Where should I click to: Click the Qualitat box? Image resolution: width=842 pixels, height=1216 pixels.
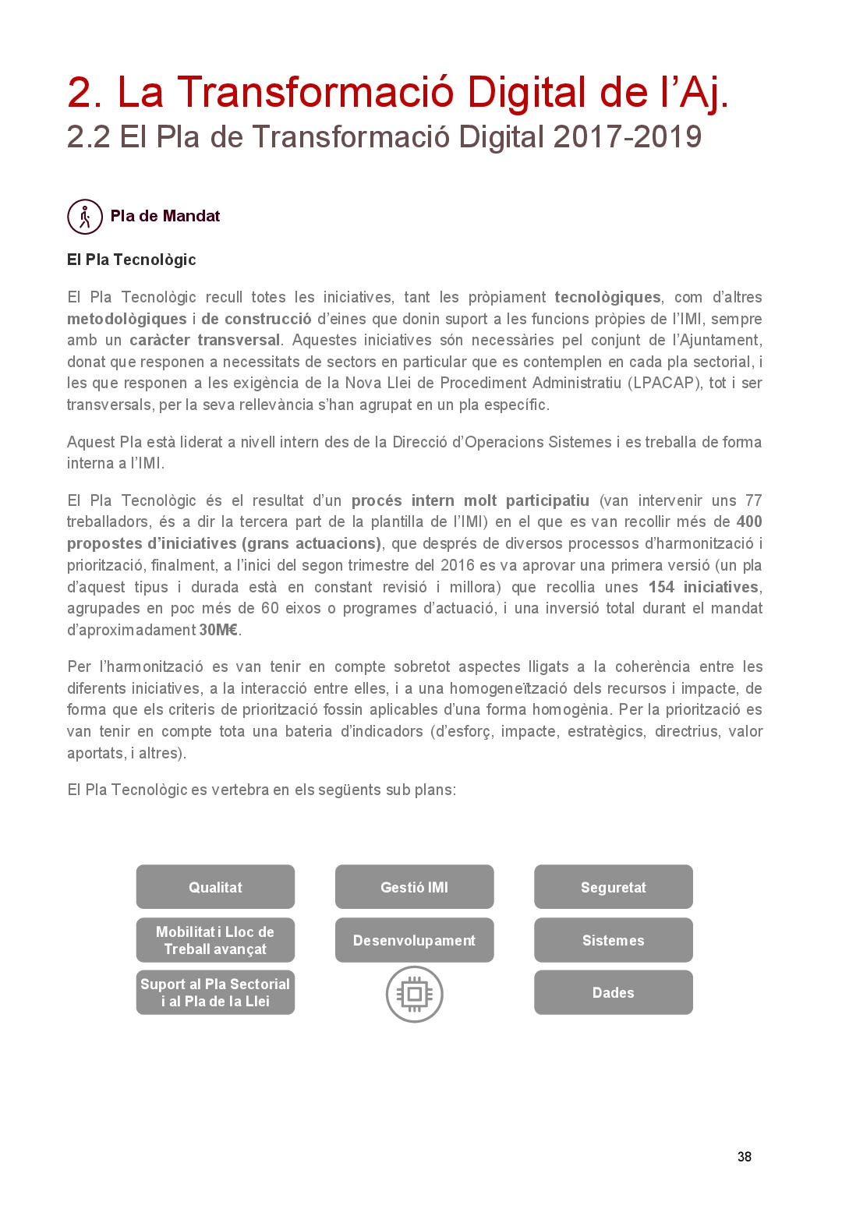(215, 887)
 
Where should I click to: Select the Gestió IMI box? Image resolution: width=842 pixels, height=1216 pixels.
(414, 887)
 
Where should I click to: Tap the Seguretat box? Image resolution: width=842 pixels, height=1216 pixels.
(613, 887)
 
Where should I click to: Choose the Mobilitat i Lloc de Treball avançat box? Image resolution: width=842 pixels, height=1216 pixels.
(215, 940)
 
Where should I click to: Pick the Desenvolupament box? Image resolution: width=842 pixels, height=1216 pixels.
(414, 940)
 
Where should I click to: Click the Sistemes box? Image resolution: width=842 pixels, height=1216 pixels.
(613, 940)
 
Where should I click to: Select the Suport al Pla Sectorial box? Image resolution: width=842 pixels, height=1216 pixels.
(215, 992)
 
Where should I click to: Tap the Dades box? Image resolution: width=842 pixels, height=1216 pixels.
(613, 992)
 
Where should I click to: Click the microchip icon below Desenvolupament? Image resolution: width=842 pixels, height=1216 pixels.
(415, 994)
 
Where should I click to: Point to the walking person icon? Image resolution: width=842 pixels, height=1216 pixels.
(85, 217)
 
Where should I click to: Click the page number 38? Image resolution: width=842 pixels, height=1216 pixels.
(745, 1157)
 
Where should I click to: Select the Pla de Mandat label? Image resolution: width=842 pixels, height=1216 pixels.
(165, 216)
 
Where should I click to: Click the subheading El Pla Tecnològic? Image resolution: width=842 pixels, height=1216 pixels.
(131, 260)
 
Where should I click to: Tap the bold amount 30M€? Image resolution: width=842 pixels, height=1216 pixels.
(218, 630)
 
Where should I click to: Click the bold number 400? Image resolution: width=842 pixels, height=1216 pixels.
(749, 521)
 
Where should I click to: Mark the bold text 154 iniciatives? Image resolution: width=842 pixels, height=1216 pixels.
(703, 587)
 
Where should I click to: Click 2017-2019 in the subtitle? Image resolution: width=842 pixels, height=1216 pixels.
(628, 137)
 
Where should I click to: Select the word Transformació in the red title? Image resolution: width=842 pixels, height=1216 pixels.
(317, 92)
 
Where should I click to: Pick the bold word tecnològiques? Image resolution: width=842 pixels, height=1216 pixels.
(607, 297)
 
